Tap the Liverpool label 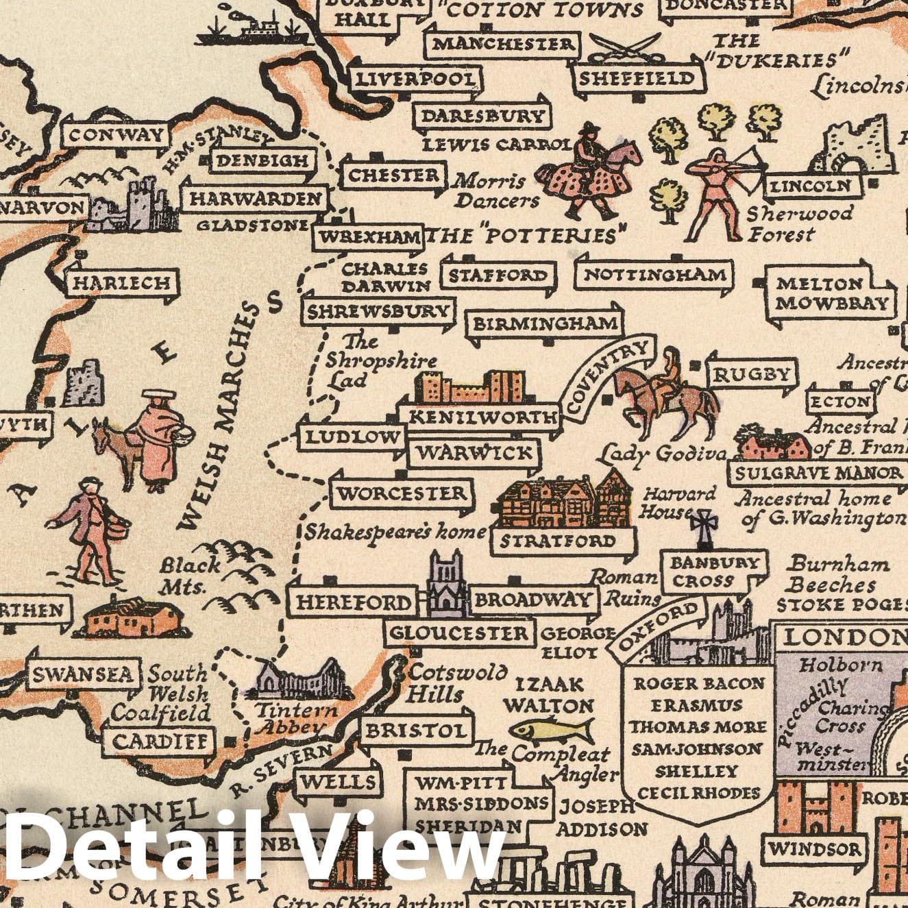click(x=415, y=79)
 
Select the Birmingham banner click(x=545, y=323)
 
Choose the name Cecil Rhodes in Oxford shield click(x=699, y=794)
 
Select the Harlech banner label click(x=121, y=282)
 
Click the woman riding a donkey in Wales click(x=154, y=439)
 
